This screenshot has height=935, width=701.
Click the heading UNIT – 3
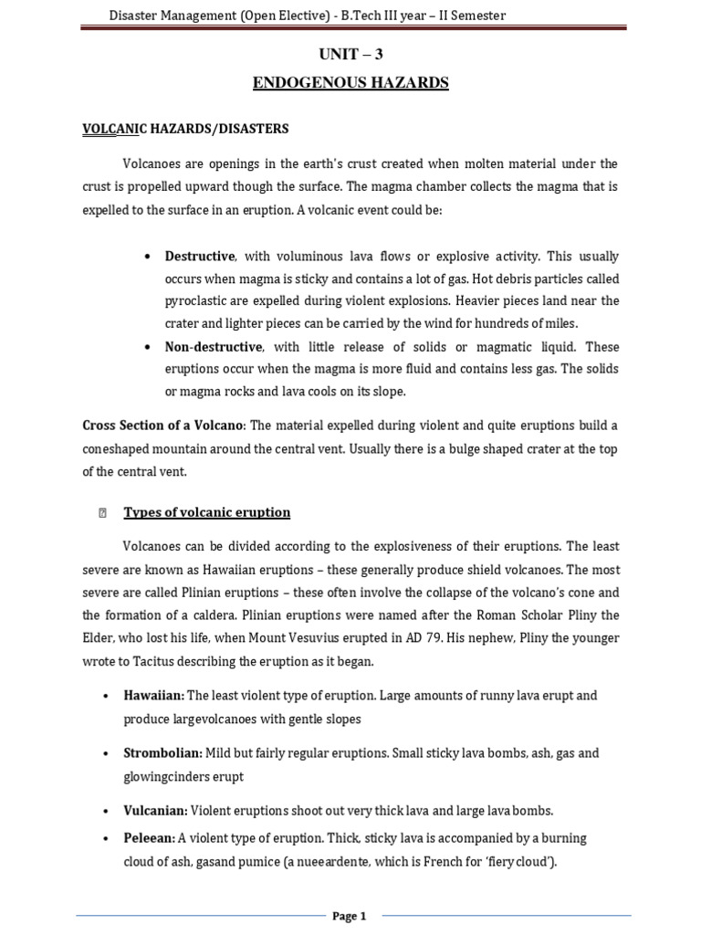[x=350, y=55]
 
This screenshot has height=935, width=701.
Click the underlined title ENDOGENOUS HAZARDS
[x=350, y=83]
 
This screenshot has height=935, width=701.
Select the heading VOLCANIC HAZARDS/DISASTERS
[x=185, y=129]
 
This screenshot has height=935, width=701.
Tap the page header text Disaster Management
[x=173, y=15]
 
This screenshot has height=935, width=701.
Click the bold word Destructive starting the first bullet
[x=199, y=256]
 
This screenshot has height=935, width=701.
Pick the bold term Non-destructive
[x=214, y=347]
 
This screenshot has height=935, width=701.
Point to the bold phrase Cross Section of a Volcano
[x=162, y=425]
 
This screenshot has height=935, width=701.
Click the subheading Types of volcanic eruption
[x=206, y=512]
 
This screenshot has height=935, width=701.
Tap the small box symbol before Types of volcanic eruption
[x=102, y=513]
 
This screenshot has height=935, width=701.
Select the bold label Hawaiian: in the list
[x=153, y=696]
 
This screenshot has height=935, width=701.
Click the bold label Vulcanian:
[x=155, y=811]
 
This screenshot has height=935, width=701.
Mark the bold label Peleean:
[x=149, y=838]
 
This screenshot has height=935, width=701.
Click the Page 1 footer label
[x=349, y=916]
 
